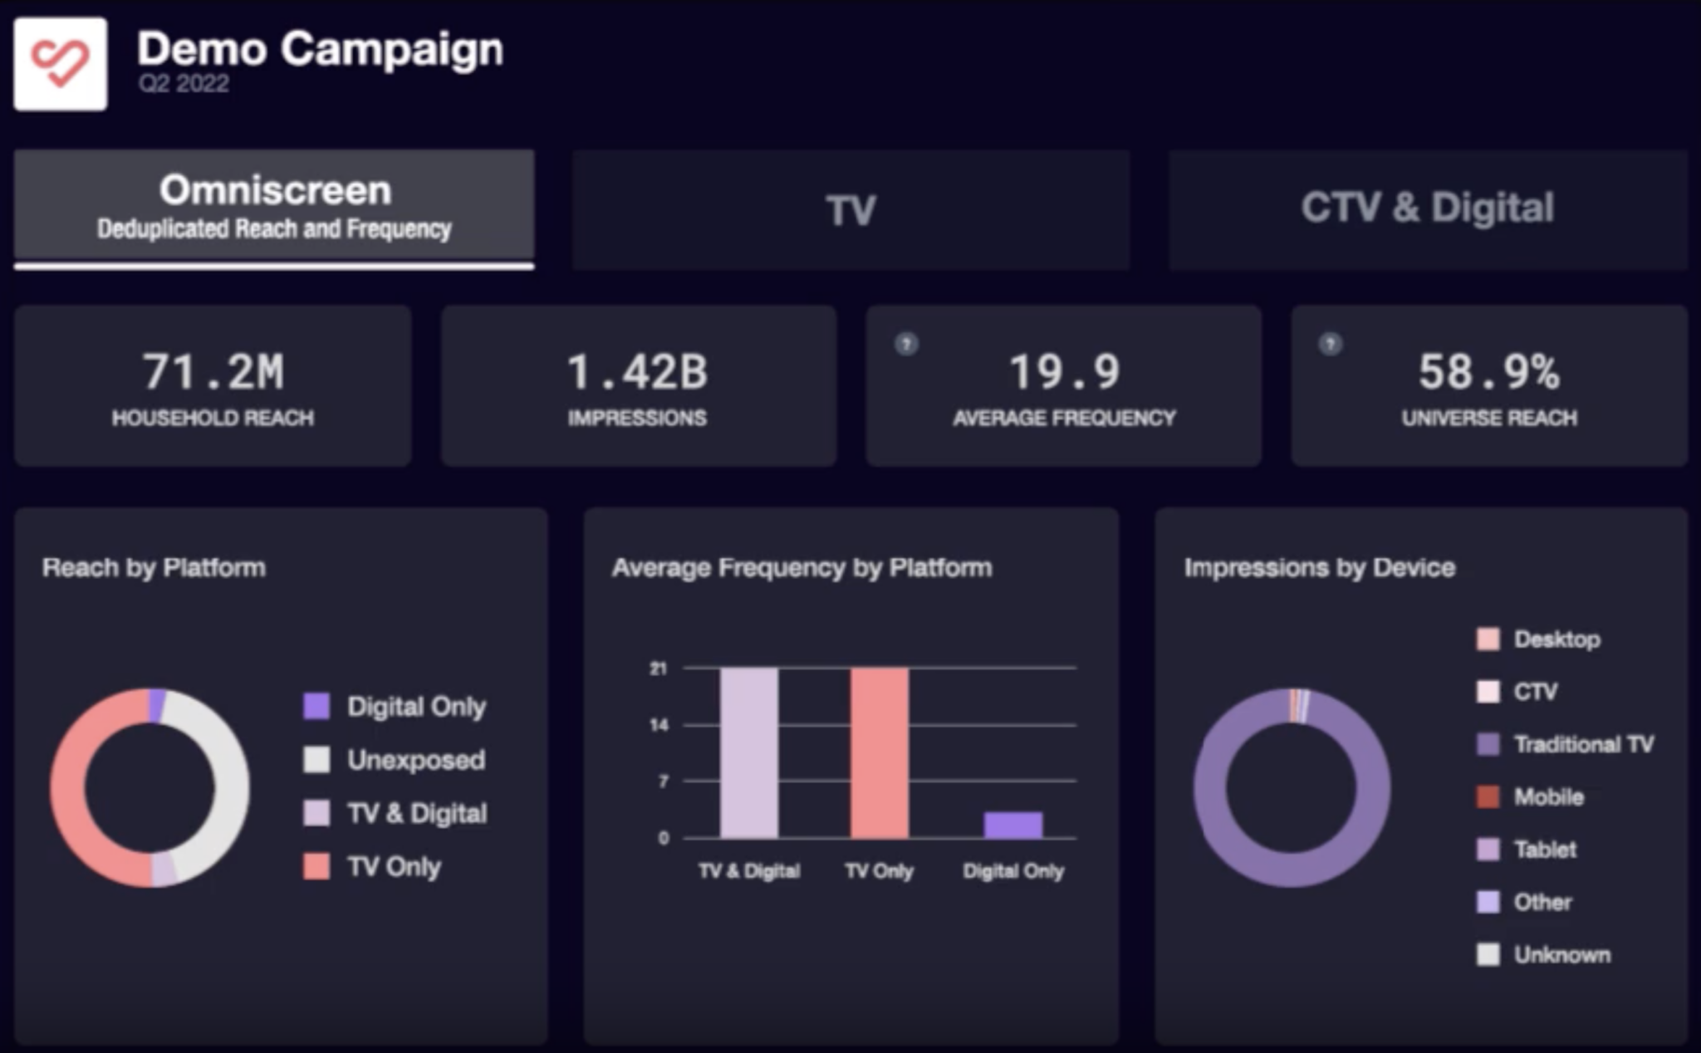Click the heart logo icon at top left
pyautogui.click(x=60, y=64)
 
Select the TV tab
pyautogui.click(x=850, y=210)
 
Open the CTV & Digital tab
pyautogui.click(x=1427, y=208)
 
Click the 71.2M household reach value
pyautogui.click(x=213, y=371)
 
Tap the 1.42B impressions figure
pyautogui.click(x=637, y=371)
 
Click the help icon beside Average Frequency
pyautogui.click(x=906, y=344)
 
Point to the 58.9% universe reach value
pyautogui.click(x=1488, y=371)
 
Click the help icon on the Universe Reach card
pyautogui.click(x=1331, y=344)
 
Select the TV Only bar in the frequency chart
pyautogui.click(x=879, y=752)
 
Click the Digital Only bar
pyautogui.click(x=1012, y=825)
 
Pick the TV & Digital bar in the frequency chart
pyautogui.click(x=749, y=752)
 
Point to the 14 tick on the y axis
pyautogui.click(x=659, y=725)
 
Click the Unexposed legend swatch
pyautogui.click(x=316, y=760)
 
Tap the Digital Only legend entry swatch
pyautogui.click(x=316, y=707)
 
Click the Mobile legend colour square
pyautogui.click(x=1488, y=797)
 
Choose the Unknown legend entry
pyautogui.click(x=1561, y=955)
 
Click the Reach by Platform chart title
pyautogui.click(x=154, y=568)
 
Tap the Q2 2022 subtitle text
pyautogui.click(x=184, y=84)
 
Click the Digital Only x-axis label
pyautogui.click(x=1012, y=871)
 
